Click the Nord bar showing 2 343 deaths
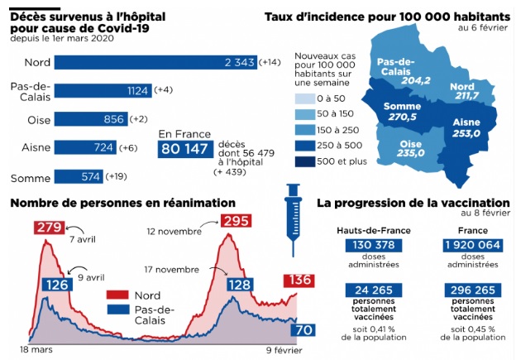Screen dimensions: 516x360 tap(155, 62)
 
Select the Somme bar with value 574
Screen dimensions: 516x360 tap(79, 177)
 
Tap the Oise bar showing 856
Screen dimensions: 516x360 tap(91, 119)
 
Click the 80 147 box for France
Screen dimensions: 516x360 tap(185, 149)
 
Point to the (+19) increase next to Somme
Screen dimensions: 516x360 tap(116, 176)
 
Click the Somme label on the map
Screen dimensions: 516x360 tap(402, 107)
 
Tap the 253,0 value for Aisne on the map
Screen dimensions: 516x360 tap(466, 133)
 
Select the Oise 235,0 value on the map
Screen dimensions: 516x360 tap(410, 153)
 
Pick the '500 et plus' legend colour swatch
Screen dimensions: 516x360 tap(305, 161)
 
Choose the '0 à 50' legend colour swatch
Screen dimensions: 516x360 tap(305, 98)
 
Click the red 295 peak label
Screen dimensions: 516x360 tap(236, 221)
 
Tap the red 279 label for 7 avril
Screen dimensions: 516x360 tap(50, 228)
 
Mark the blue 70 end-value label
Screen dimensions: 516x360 tap(303, 329)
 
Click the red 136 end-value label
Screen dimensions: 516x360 tap(299, 281)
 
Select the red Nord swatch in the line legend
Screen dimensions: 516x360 tap(117, 295)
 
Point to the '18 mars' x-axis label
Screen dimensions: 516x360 tap(36, 349)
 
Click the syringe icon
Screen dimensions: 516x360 tap(294, 219)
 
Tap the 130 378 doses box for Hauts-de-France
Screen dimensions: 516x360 tap(374, 246)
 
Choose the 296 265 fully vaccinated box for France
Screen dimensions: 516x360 tap(472, 290)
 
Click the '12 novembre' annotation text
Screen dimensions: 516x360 tap(174, 232)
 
